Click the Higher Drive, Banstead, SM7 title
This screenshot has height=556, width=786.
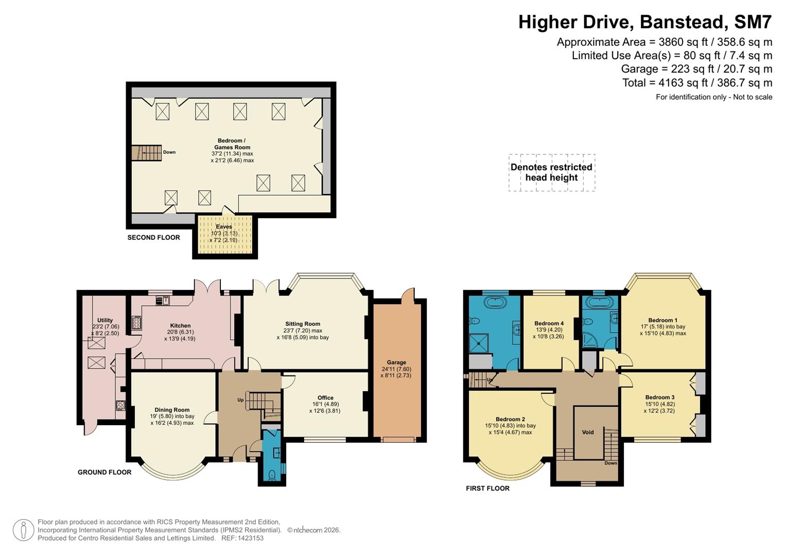pos(644,22)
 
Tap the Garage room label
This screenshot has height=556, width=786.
pos(396,362)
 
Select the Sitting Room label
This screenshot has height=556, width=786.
pos(303,324)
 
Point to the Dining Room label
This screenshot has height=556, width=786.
pos(172,410)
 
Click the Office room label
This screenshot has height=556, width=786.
pos(325,397)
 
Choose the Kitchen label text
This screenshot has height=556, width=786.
pos(180,325)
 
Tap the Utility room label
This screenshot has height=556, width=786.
pos(105,320)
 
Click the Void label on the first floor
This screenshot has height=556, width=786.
pos(588,432)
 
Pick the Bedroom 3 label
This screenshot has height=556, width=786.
pos(660,397)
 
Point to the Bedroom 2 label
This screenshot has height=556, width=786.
pos(510,419)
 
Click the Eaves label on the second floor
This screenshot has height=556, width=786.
pos(224,227)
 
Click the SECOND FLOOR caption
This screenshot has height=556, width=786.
pos(153,237)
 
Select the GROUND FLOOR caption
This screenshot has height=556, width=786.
pos(104,472)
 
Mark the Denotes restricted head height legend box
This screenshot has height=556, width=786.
pos(551,172)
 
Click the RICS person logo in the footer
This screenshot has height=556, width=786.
pos(23,530)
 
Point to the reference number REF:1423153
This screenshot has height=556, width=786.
pos(242,538)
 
